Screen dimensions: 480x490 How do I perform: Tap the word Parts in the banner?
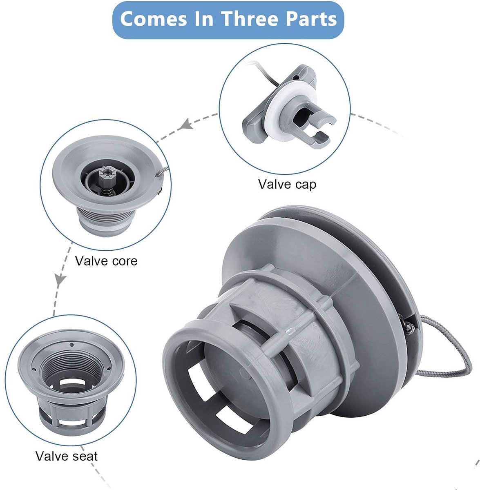311,19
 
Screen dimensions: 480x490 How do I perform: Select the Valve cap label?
287,184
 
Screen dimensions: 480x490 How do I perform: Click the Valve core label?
106,261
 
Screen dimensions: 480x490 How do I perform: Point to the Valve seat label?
67,456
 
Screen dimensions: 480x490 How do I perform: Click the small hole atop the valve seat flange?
72,345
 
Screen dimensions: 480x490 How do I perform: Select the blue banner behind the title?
228,20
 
